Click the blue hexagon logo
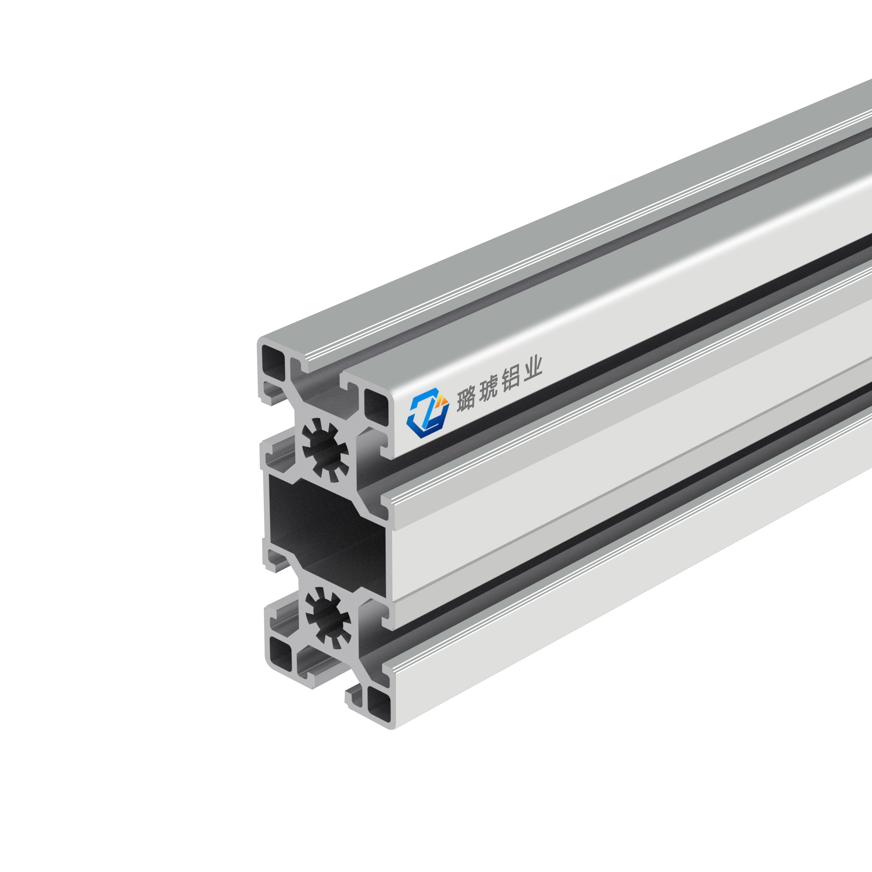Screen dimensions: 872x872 coord(427,413)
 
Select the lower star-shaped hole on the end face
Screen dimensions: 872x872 coord(328,617)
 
